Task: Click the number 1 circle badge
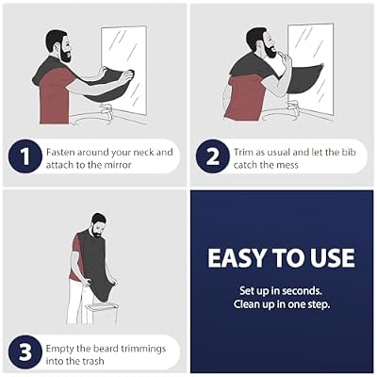(x=25, y=156)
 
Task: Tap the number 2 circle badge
(x=212, y=156)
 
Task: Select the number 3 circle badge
(x=25, y=352)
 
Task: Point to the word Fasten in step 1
(x=60, y=153)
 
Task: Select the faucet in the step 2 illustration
(x=293, y=107)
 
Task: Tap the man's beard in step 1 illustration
(x=65, y=55)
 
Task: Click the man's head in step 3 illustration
(x=98, y=225)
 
